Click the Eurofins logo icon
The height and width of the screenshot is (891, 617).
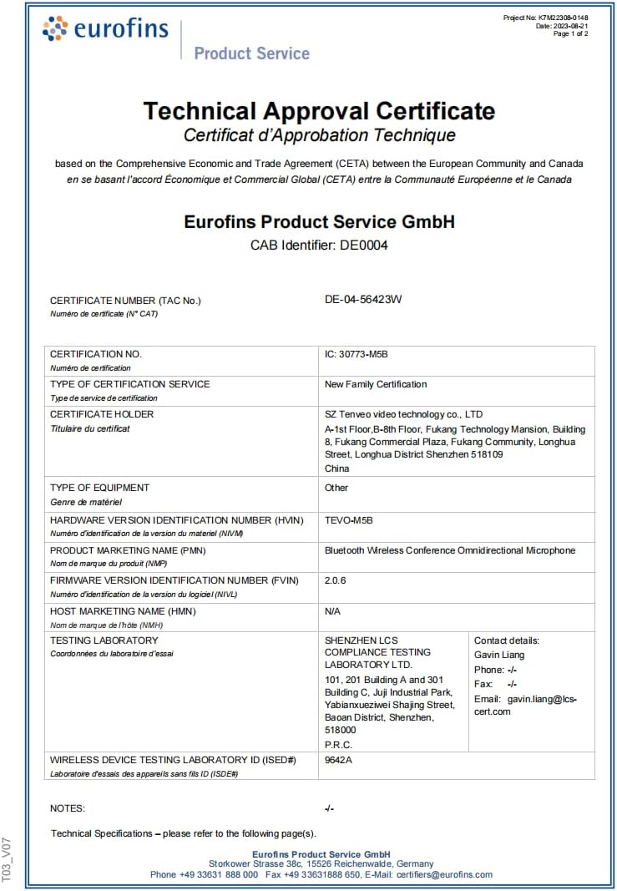(55, 28)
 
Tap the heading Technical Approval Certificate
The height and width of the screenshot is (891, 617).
(319, 111)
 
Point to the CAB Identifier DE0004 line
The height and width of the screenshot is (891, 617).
(319, 246)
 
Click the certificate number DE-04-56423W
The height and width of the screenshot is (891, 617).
(363, 299)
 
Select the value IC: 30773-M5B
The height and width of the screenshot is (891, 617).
(357, 354)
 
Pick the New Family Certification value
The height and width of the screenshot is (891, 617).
(376, 384)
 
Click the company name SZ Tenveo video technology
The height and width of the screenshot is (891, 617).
(403, 414)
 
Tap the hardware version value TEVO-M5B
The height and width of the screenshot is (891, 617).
(348, 520)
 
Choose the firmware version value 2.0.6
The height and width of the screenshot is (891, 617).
(336, 580)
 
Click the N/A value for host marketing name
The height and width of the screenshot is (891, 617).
(332, 611)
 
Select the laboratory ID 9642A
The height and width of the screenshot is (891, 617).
(338, 761)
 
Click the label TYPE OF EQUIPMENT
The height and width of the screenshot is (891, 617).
(99, 488)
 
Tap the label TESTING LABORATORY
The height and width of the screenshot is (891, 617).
(104, 640)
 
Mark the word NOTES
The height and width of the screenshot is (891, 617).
(68, 808)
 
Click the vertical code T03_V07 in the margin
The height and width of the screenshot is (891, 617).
(8, 859)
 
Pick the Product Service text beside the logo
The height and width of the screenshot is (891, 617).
(251, 53)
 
